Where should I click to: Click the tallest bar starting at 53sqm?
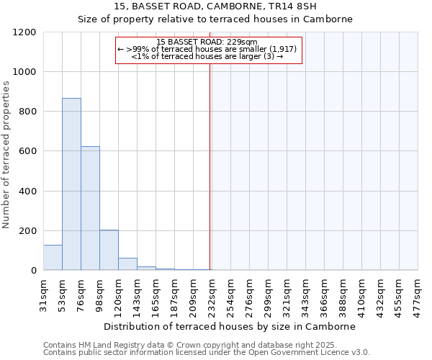71,184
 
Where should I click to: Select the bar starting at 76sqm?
90,208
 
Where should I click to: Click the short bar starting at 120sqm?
127,264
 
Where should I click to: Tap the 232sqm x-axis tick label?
212,294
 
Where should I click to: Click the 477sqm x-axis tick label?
418,294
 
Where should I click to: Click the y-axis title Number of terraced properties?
6,155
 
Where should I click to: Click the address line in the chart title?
215,6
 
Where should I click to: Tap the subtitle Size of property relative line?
215,19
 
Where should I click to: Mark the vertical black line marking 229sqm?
210,166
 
